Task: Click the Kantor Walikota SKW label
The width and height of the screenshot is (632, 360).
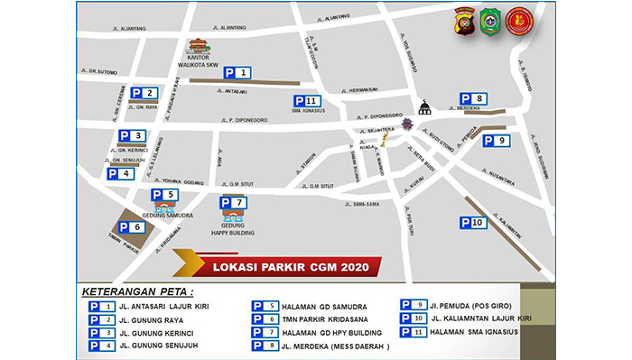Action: click(x=200, y=60)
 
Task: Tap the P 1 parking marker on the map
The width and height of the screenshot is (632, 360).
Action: click(x=237, y=72)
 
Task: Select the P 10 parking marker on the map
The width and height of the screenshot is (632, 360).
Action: click(x=474, y=222)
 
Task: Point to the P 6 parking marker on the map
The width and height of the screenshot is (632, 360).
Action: click(x=132, y=227)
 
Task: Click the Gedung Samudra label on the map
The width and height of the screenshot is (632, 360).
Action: click(x=162, y=215)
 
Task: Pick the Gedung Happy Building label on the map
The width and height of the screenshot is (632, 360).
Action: click(x=233, y=228)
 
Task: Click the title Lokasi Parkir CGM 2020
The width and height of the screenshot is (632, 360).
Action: click(x=289, y=267)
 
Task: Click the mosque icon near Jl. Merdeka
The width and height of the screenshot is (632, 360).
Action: click(x=424, y=106)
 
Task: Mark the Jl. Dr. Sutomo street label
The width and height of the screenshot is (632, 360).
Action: click(x=98, y=71)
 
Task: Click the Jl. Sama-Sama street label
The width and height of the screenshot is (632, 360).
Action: click(x=361, y=205)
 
